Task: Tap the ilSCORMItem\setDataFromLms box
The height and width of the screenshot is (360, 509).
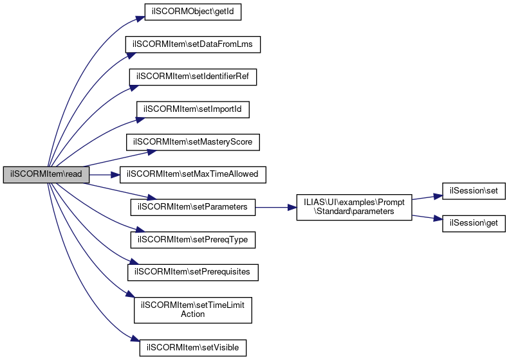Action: (192, 44)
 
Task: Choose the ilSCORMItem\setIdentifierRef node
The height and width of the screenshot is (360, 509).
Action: (193, 76)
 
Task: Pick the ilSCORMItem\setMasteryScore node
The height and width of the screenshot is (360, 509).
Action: (192, 142)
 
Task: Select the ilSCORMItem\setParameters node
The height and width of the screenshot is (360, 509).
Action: (192, 207)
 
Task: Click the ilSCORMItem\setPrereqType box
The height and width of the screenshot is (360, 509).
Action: (192, 240)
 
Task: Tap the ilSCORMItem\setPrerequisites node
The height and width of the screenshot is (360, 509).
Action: (192, 272)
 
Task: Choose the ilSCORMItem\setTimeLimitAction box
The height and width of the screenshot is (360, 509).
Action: (192, 309)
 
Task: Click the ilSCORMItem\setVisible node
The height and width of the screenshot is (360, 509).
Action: (192, 348)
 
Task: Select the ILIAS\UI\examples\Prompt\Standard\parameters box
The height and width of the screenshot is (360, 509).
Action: (354, 207)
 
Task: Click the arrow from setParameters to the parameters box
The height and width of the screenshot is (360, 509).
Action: (276, 207)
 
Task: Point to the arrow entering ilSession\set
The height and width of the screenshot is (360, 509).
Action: (427, 197)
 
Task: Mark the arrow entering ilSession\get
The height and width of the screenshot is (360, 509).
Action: (427, 218)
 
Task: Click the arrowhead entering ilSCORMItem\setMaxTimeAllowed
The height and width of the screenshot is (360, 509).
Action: (116, 175)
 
